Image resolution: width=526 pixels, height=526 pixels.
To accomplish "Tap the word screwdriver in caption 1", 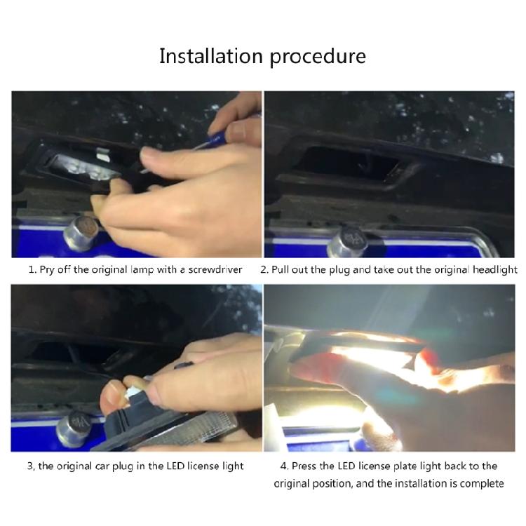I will point(214,269).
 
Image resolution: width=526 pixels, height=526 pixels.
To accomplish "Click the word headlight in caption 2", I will point(494,269).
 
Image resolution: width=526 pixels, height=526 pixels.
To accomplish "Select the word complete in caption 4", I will point(481,483).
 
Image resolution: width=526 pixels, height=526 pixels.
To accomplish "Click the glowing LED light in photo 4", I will point(372,351).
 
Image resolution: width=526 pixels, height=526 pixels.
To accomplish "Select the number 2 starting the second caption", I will point(264,269).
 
